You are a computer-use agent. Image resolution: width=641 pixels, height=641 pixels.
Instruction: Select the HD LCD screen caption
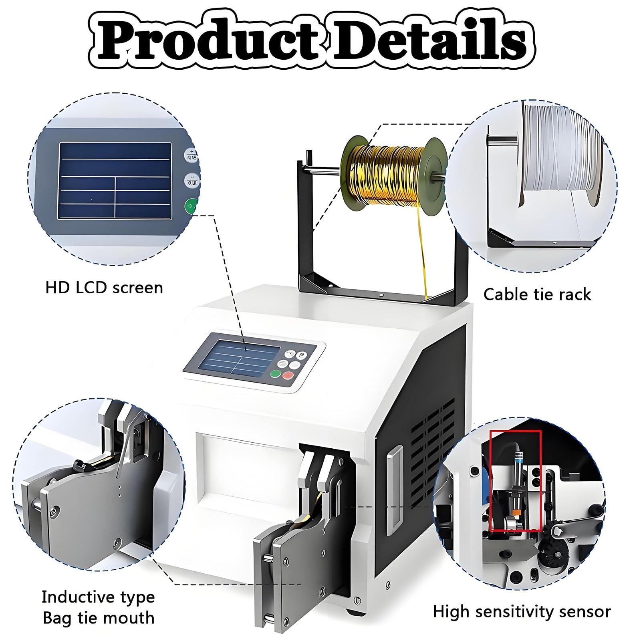(x=104, y=288)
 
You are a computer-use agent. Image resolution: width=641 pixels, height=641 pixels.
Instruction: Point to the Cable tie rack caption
(x=537, y=294)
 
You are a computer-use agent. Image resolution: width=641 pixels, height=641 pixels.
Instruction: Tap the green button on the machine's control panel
(x=275, y=374)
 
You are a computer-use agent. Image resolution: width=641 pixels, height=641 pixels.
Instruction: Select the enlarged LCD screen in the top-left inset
(x=115, y=181)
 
